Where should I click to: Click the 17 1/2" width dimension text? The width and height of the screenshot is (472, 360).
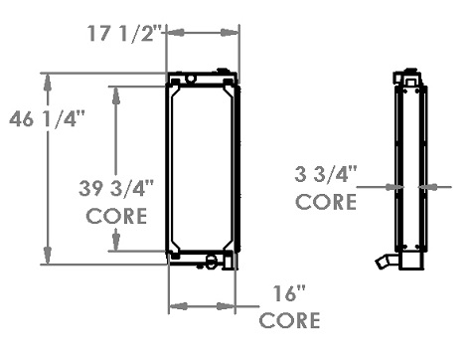pyautogui.click(x=122, y=32)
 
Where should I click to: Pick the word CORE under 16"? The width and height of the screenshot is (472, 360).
pyautogui.click(x=289, y=320)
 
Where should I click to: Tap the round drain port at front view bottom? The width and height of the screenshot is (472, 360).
pyautogui.click(x=210, y=263)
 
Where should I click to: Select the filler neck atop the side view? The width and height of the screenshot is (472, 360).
pyautogui.click(x=407, y=78)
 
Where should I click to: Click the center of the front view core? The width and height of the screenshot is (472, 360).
pyautogui.click(x=202, y=169)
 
